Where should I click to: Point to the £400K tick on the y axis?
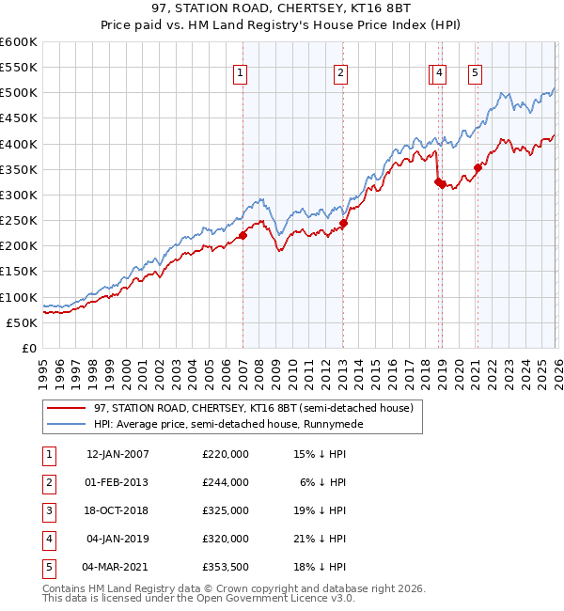19,144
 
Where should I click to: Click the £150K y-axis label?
19,272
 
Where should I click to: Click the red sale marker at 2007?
243,236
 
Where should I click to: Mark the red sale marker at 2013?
343,224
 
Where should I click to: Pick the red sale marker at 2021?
478,168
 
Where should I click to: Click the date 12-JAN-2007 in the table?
117,454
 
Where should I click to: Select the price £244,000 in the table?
226,482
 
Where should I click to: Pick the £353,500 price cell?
226,567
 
